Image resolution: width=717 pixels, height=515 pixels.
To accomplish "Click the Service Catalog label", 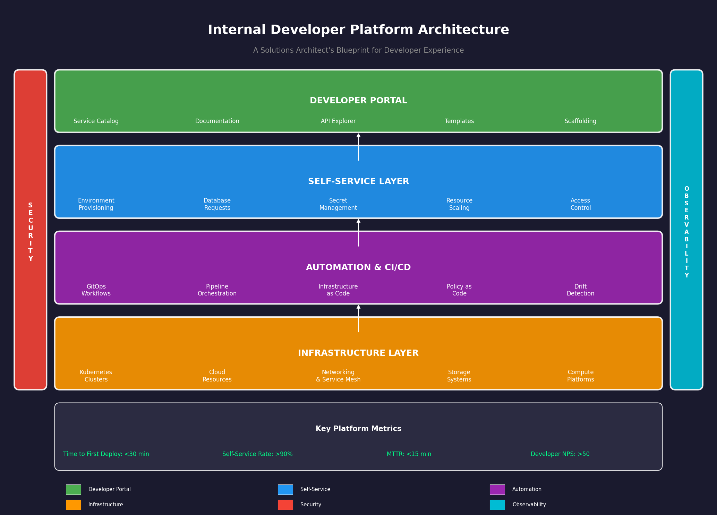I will (96, 121).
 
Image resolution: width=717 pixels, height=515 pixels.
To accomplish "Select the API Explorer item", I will (338, 121).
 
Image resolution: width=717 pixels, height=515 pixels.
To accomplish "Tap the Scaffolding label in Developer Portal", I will (580, 121).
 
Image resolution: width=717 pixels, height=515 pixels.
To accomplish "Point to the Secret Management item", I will (338, 204).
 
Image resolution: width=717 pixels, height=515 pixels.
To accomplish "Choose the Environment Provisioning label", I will (96, 204).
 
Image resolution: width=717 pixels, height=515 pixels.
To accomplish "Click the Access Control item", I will (580, 204).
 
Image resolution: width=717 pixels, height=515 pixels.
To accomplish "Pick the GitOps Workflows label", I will (96, 290).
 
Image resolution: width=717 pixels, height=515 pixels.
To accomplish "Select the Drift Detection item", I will (580, 290).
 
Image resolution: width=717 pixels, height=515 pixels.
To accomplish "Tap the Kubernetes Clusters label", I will (96, 376).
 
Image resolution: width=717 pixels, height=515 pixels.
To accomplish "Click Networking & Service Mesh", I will (338, 376).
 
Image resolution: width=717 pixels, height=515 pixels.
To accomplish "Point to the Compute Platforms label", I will (580, 376).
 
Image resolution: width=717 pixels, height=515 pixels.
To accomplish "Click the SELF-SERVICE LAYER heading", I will (358, 182).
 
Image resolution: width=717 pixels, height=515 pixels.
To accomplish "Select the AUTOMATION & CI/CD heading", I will (358, 268).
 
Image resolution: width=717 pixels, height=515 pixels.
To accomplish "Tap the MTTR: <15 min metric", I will (409, 454).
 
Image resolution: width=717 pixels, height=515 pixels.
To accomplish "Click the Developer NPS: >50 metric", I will (560, 454).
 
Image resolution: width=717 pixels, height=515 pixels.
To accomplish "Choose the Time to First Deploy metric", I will (106, 454).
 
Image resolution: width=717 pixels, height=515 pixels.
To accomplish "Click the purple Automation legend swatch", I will (497, 490).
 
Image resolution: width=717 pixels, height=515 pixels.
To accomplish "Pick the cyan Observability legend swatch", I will (497, 505).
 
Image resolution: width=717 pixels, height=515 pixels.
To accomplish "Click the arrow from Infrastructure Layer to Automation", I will (358, 318).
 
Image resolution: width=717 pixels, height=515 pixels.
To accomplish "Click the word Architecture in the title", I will (463, 30).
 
